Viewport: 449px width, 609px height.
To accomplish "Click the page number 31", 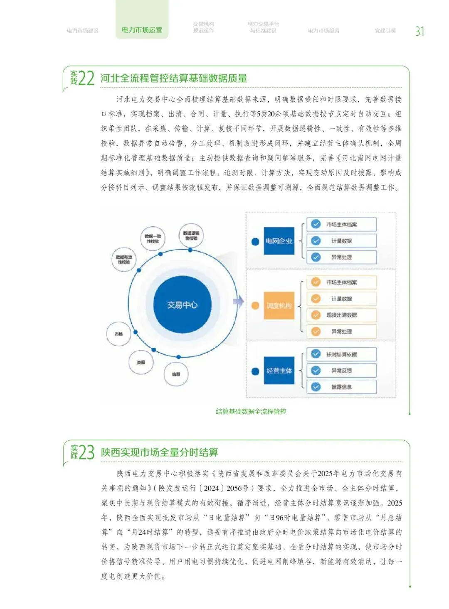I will pyautogui.click(x=419, y=31).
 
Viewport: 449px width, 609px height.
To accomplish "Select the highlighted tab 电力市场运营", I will pyautogui.click(x=142, y=30).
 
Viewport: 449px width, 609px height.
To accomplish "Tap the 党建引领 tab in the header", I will pyautogui.click(x=385, y=31).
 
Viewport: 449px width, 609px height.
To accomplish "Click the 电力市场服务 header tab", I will pyautogui.click(x=323, y=31).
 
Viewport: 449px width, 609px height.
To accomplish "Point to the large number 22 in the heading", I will pyautogui.click(x=86, y=78).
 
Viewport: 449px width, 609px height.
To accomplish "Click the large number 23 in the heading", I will pyautogui.click(x=86, y=452).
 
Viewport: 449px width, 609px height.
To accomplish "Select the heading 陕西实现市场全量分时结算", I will pyautogui.click(x=160, y=452).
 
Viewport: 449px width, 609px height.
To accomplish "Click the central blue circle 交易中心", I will pyautogui.click(x=182, y=305).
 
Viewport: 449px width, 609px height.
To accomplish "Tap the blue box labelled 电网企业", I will pyautogui.click(x=279, y=241).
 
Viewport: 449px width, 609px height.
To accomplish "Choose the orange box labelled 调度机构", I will pyautogui.click(x=279, y=306).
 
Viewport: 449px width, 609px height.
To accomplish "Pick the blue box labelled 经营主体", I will pyautogui.click(x=279, y=371).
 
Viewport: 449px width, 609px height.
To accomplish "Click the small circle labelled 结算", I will pyautogui.click(x=176, y=374).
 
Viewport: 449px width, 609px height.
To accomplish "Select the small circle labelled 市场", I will pyautogui.click(x=119, y=334).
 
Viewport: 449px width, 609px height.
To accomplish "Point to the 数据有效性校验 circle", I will pyautogui.click(x=124, y=259).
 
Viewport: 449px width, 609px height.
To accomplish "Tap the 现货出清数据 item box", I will pyautogui.click(x=341, y=315).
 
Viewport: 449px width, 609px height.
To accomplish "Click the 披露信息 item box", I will pyautogui.click(x=341, y=387).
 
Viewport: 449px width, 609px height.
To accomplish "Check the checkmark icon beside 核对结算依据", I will pyautogui.click(x=316, y=354).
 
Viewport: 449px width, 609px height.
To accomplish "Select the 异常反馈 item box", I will pyautogui.click(x=341, y=371).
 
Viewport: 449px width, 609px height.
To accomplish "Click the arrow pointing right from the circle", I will pyautogui.click(x=238, y=302).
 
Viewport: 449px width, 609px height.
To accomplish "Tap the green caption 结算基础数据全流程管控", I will pyautogui.click(x=251, y=411).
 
